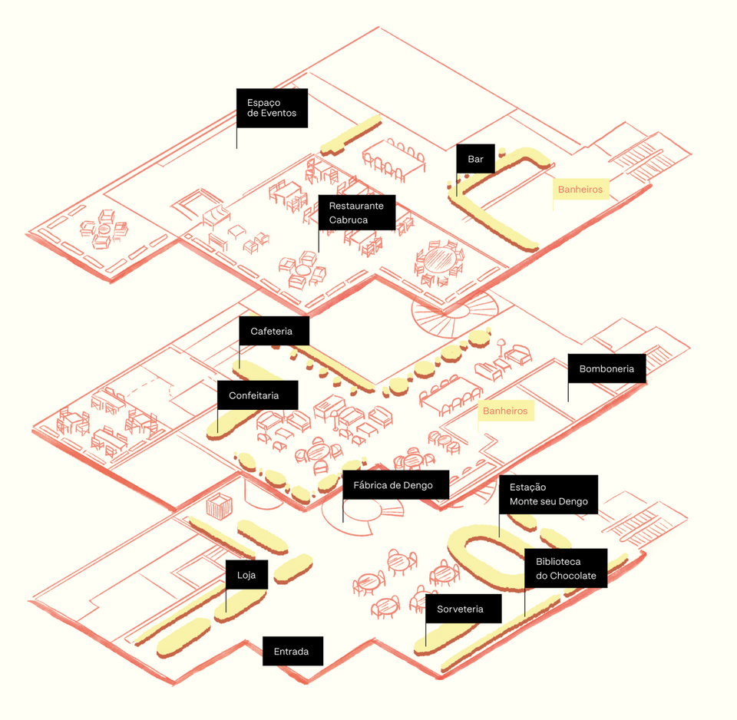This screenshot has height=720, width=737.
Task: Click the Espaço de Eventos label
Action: pos(272,108)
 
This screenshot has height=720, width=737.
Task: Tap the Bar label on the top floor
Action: pos(475,160)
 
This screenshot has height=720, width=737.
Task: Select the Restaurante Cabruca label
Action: pos(356,213)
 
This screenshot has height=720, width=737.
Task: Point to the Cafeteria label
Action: pos(271,331)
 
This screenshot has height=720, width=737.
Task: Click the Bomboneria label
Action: pos(606,368)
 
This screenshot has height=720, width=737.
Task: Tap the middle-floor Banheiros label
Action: pos(505,411)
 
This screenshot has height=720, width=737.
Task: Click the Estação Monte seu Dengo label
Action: pos(548,494)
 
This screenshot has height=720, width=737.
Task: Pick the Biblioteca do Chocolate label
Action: pos(565,568)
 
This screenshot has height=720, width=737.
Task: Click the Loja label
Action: pos(246,574)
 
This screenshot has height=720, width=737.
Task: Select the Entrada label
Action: pos(291,652)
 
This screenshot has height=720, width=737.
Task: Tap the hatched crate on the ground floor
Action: pos(220,506)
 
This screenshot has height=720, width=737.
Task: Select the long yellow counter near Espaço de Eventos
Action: pos(351,135)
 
